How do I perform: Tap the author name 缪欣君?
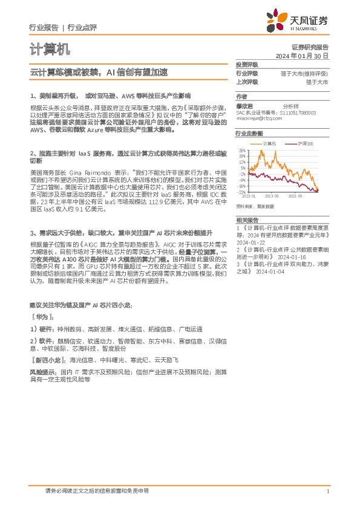[x=244, y=105]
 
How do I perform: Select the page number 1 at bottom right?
[x=327, y=491]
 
